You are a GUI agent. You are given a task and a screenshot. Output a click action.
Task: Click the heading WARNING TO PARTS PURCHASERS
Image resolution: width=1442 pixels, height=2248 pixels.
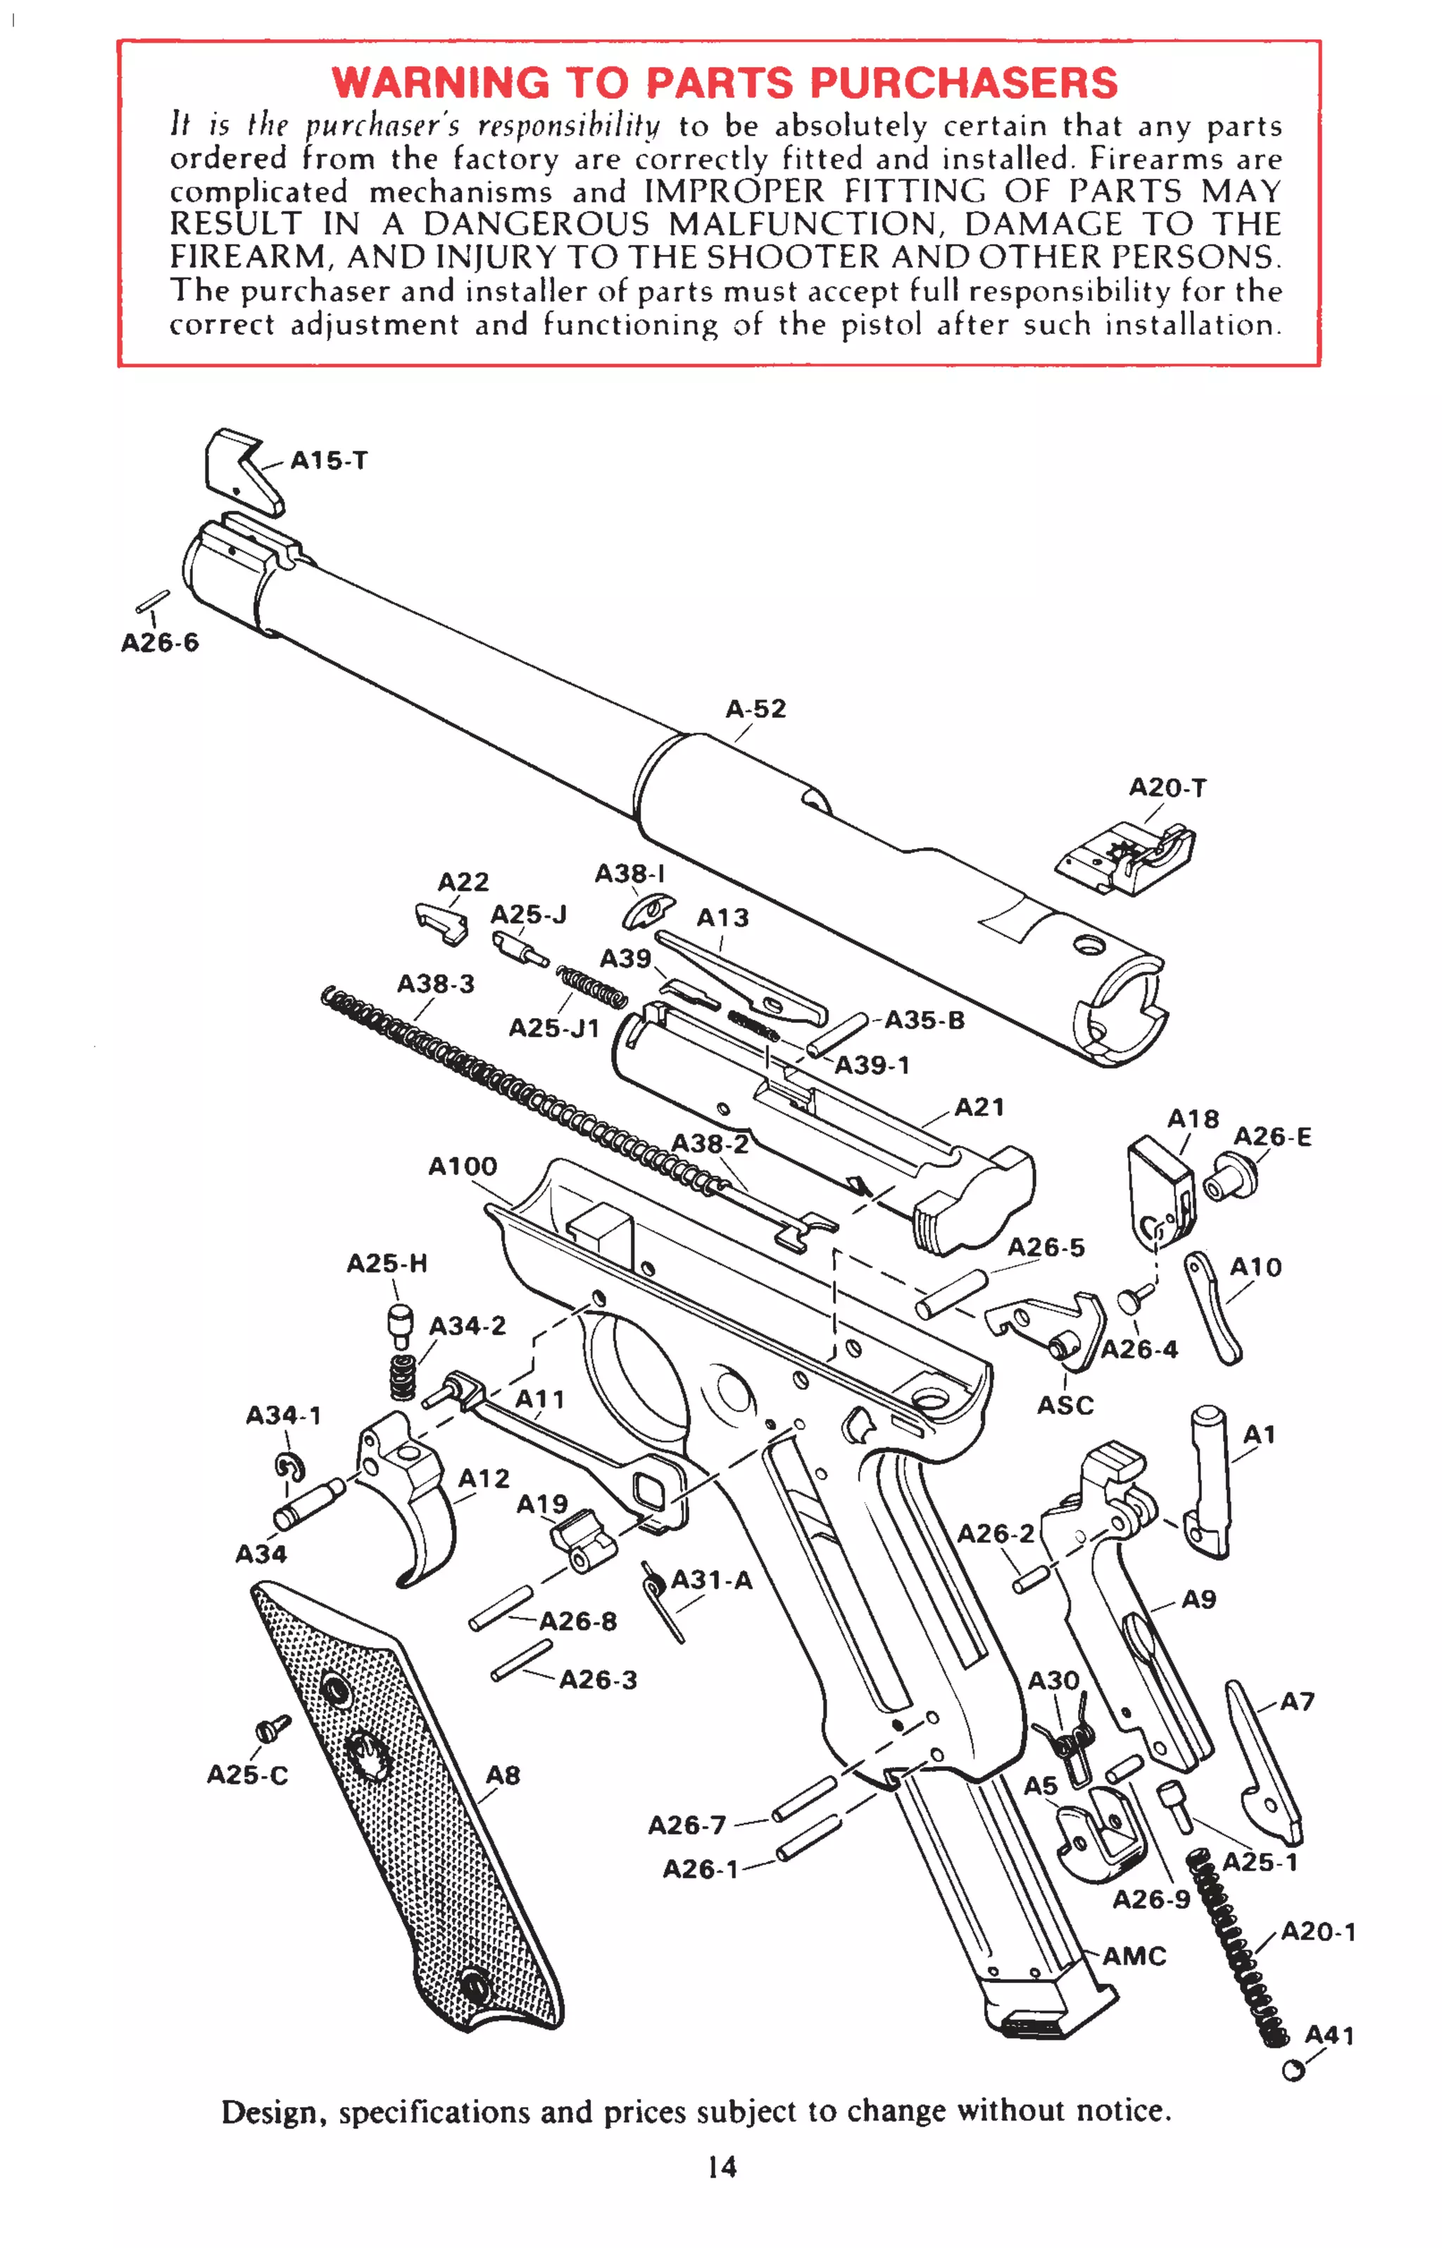pyautogui.click(x=724, y=82)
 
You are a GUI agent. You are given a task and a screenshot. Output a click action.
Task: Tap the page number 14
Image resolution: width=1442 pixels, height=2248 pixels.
pyautogui.click(x=721, y=2166)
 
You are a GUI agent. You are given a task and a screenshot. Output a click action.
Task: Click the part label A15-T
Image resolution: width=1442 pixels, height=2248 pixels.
pyautogui.click(x=329, y=461)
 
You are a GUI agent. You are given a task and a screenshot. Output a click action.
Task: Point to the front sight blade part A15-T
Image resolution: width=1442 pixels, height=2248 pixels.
pyautogui.click(x=241, y=472)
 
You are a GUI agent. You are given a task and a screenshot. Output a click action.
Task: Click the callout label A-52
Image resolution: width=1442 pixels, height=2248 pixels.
pyautogui.click(x=756, y=709)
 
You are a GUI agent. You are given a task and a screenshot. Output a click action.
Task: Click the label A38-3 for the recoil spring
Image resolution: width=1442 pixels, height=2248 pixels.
pyautogui.click(x=435, y=983)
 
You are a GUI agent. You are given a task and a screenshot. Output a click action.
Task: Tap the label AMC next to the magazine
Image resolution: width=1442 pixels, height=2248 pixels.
pyautogui.click(x=1134, y=1956)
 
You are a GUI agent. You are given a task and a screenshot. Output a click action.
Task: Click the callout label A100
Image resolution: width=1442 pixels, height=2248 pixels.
pyautogui.click(x=463, y=1166)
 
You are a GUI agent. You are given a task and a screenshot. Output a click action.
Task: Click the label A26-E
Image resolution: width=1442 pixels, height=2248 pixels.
pyautogui.click(x=1272, y=1136)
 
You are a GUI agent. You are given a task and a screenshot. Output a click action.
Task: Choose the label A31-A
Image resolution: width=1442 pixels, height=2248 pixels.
pyautogui.click(x=712, y=1580)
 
